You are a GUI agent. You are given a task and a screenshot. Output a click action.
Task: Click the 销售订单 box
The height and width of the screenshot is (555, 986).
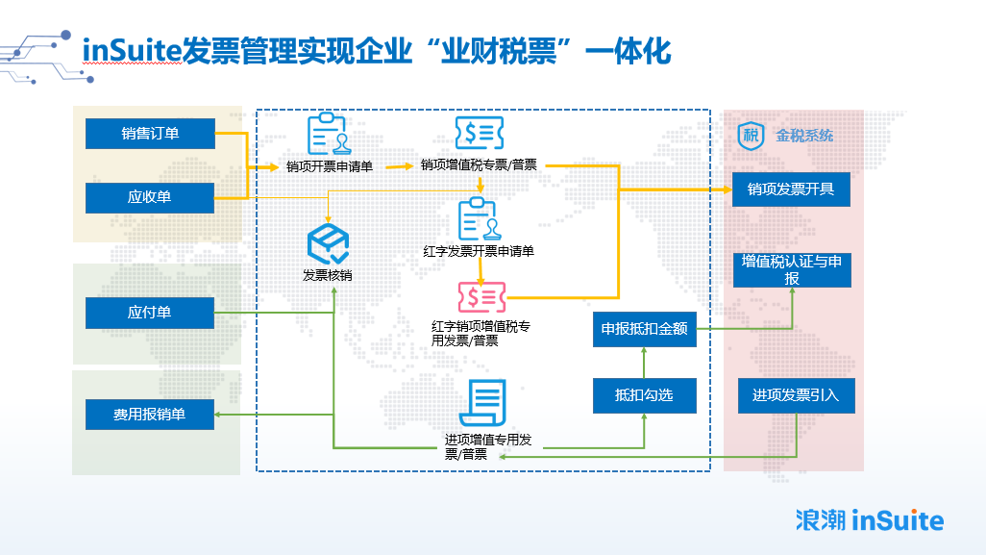click(x=150, y=134)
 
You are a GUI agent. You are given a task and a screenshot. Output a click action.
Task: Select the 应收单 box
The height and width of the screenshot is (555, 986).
click(x=150, y=197)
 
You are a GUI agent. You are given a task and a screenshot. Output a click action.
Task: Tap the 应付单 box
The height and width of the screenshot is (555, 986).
click(x=150, y=313)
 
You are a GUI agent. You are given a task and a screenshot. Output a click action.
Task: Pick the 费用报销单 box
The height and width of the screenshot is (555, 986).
click(x=150, y=415)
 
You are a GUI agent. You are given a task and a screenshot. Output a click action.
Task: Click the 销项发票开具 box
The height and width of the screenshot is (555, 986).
click(x=791, y=189)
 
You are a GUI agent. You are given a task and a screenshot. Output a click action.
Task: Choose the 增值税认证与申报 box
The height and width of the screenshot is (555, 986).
click(x=792, y=270)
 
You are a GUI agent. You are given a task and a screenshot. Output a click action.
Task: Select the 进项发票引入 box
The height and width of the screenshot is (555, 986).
click(x=796, y=395)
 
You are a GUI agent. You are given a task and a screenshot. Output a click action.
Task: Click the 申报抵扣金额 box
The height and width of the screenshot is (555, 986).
click(x=645, y=329)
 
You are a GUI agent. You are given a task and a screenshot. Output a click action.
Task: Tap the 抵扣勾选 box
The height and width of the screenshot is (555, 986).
click(x=645, y=395)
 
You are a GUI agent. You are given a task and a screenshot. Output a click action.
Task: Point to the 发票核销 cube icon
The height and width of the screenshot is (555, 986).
click(x=329, y=244)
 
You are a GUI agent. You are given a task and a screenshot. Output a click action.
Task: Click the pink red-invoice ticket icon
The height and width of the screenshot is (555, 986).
click(x=481, y=297)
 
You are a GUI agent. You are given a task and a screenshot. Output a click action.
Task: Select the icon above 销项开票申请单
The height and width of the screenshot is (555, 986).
click(x=329, y=134)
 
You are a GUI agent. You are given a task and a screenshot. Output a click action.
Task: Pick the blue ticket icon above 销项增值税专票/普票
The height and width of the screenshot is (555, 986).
click(x=480, y=133)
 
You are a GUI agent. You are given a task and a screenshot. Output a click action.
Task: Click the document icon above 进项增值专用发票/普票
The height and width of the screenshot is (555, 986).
click(x=483, y=403)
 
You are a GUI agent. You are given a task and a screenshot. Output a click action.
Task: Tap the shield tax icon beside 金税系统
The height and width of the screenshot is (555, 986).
click(x=751, y=136)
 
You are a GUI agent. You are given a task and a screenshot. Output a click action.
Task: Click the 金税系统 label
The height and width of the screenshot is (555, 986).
click(x=804, y=136)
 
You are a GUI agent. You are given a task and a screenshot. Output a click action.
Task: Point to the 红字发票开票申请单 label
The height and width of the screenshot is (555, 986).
click(x=479, y=252)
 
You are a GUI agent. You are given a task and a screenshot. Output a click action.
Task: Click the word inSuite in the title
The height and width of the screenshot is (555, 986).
click(x=132, y=50)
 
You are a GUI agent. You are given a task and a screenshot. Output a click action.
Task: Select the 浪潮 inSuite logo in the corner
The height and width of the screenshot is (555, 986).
click(x=870, y=520)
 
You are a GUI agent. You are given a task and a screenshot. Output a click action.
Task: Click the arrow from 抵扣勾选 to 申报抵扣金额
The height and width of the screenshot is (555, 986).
click(x=644, y=363)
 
